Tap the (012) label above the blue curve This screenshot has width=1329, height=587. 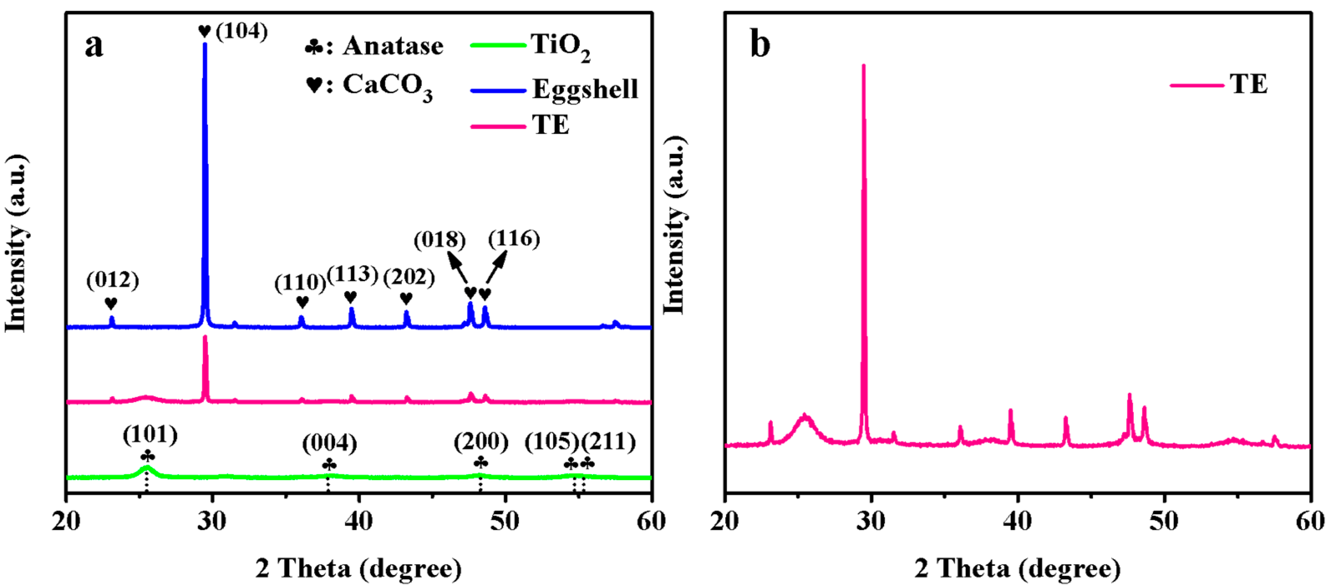tap(112, 280)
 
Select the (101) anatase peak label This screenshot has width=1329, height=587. tap(150, 434)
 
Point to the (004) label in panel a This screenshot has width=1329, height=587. tap(330, 443)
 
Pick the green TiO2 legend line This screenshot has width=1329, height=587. tap(497, 45)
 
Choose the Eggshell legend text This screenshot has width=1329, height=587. tap(585, 89)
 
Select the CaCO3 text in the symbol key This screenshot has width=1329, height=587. tap(387, 86)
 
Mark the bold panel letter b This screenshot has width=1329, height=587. tap(760, 45)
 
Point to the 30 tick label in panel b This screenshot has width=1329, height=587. tap(871, 521)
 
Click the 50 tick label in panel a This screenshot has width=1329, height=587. tap(505, 521)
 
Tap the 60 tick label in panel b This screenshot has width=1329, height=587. tap(1310, 521)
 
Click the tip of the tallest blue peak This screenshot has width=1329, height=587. tap(205, 45)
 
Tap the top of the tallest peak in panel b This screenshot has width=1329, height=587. tap(864, 66)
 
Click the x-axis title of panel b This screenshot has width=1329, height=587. tap(1017, 568)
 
